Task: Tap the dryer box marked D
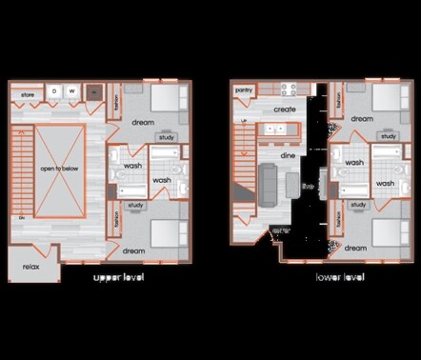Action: click(54, 91)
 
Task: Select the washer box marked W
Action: click(71, 91)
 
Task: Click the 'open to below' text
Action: click(59, 168)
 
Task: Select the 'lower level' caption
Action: click(340, 278)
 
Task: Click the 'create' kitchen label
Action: click(285, 110)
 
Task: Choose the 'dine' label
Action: click(287, 154)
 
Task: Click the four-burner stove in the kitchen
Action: click(291, 90)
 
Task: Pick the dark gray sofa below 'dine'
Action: click(268, 181)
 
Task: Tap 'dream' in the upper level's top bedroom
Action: click(143, 122)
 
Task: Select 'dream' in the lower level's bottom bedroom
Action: click(355, 248)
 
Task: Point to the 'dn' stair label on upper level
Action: click(20, 218)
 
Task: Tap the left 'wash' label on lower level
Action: click(354, 163)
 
